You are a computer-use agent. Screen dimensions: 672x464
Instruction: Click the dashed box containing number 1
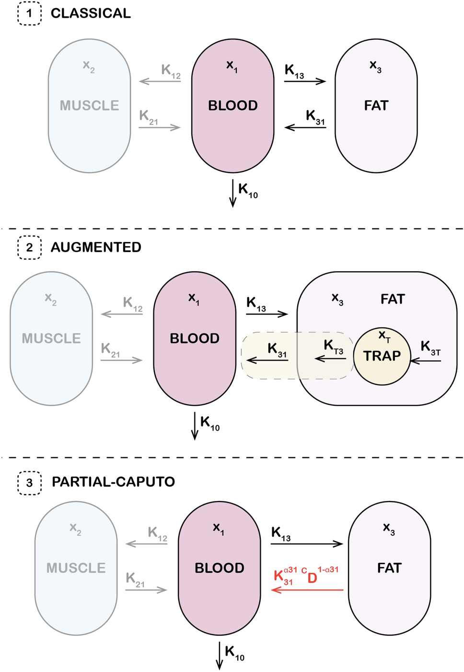point(29,13)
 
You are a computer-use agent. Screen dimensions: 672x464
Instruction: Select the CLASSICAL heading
point(91,13)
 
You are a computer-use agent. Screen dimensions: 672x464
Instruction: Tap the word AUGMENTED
point(96,247)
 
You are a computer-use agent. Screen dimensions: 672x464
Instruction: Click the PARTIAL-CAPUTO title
point(113,482)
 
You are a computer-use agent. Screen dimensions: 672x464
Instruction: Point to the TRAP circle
point(382,356)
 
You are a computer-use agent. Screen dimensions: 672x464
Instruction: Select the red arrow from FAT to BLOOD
point(307,590)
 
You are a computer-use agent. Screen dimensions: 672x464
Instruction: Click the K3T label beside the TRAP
point(430,348)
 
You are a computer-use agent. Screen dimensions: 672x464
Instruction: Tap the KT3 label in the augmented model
point(333,347)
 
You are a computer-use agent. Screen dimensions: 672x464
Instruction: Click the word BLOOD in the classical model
point(232,105)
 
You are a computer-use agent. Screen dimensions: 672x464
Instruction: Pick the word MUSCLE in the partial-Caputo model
point(76,568)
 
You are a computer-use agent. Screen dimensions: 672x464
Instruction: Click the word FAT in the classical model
point(376,105)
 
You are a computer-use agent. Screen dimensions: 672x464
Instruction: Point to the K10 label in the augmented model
point(210,423)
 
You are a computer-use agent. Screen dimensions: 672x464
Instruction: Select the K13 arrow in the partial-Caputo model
point(307,544)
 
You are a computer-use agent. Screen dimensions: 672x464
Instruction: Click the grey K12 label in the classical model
point(171,71)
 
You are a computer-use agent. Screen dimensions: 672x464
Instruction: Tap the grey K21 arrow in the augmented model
point(121,360)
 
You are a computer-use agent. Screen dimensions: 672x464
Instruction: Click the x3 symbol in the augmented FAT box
point(337,299)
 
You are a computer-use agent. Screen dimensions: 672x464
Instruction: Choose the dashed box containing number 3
point(29,482)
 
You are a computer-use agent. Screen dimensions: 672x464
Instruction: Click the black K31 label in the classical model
point(315,117)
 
